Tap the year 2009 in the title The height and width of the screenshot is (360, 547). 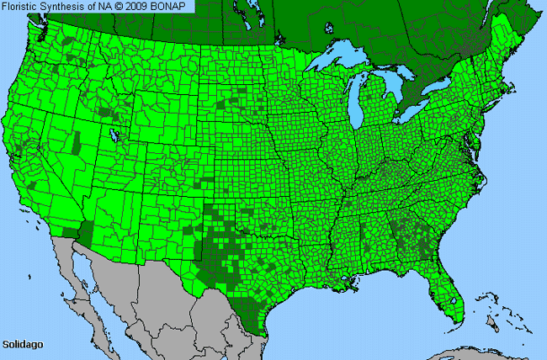(136, 6)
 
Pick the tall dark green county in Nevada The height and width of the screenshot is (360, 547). (77, 143)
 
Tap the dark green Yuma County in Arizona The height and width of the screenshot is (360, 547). (85, 229)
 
